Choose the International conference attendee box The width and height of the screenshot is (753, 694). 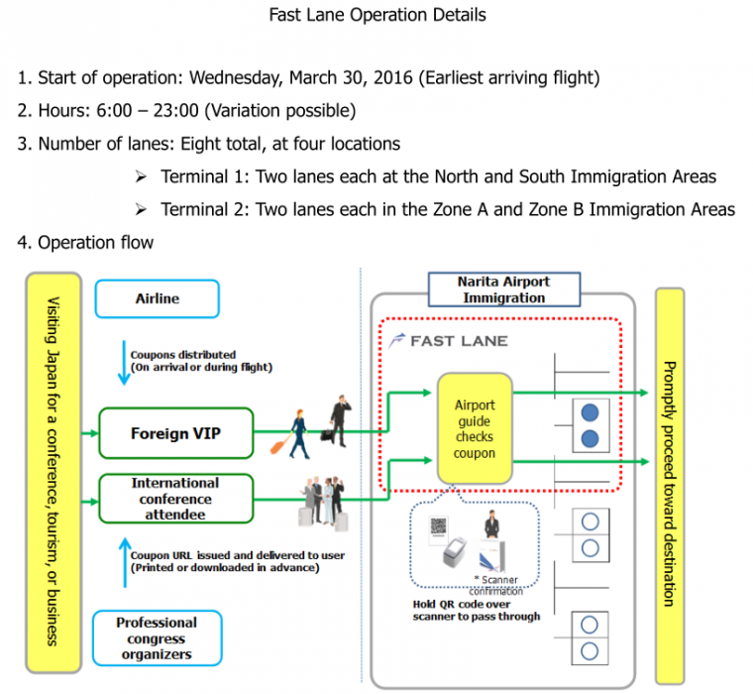[175, 499]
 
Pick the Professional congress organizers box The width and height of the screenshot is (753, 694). [157, 638]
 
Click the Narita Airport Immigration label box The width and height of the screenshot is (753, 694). [503, 289]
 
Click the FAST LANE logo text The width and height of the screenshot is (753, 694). [446, 340]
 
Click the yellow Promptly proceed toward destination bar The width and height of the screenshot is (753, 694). [670, 481]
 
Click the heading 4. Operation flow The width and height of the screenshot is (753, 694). [85, 242]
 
